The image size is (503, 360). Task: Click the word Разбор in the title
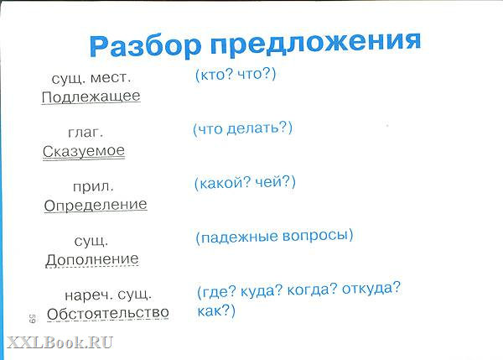click(145, 45)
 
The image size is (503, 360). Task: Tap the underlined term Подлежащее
click(91, 97)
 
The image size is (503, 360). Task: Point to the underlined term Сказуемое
click(84, 151)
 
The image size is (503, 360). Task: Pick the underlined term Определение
click(96, 206)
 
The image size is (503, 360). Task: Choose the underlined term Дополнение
click(92, 259)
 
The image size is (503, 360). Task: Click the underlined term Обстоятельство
click(108, 314)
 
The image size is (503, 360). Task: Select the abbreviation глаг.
click(86, 133)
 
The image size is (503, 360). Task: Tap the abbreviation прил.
click(93, 187)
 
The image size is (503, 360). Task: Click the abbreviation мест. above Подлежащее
click(111, 77)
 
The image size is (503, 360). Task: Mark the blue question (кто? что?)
click(236, 75)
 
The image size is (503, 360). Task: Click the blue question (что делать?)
click(242, 128)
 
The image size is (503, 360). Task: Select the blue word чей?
click(275, 182)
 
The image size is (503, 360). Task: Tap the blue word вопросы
click(318, 236)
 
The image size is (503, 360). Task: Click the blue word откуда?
click(371, 288)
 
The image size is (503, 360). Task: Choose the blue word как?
click(216, 310)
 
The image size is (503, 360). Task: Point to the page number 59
click(32, 318)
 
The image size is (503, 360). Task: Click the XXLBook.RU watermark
click(60, 342)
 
